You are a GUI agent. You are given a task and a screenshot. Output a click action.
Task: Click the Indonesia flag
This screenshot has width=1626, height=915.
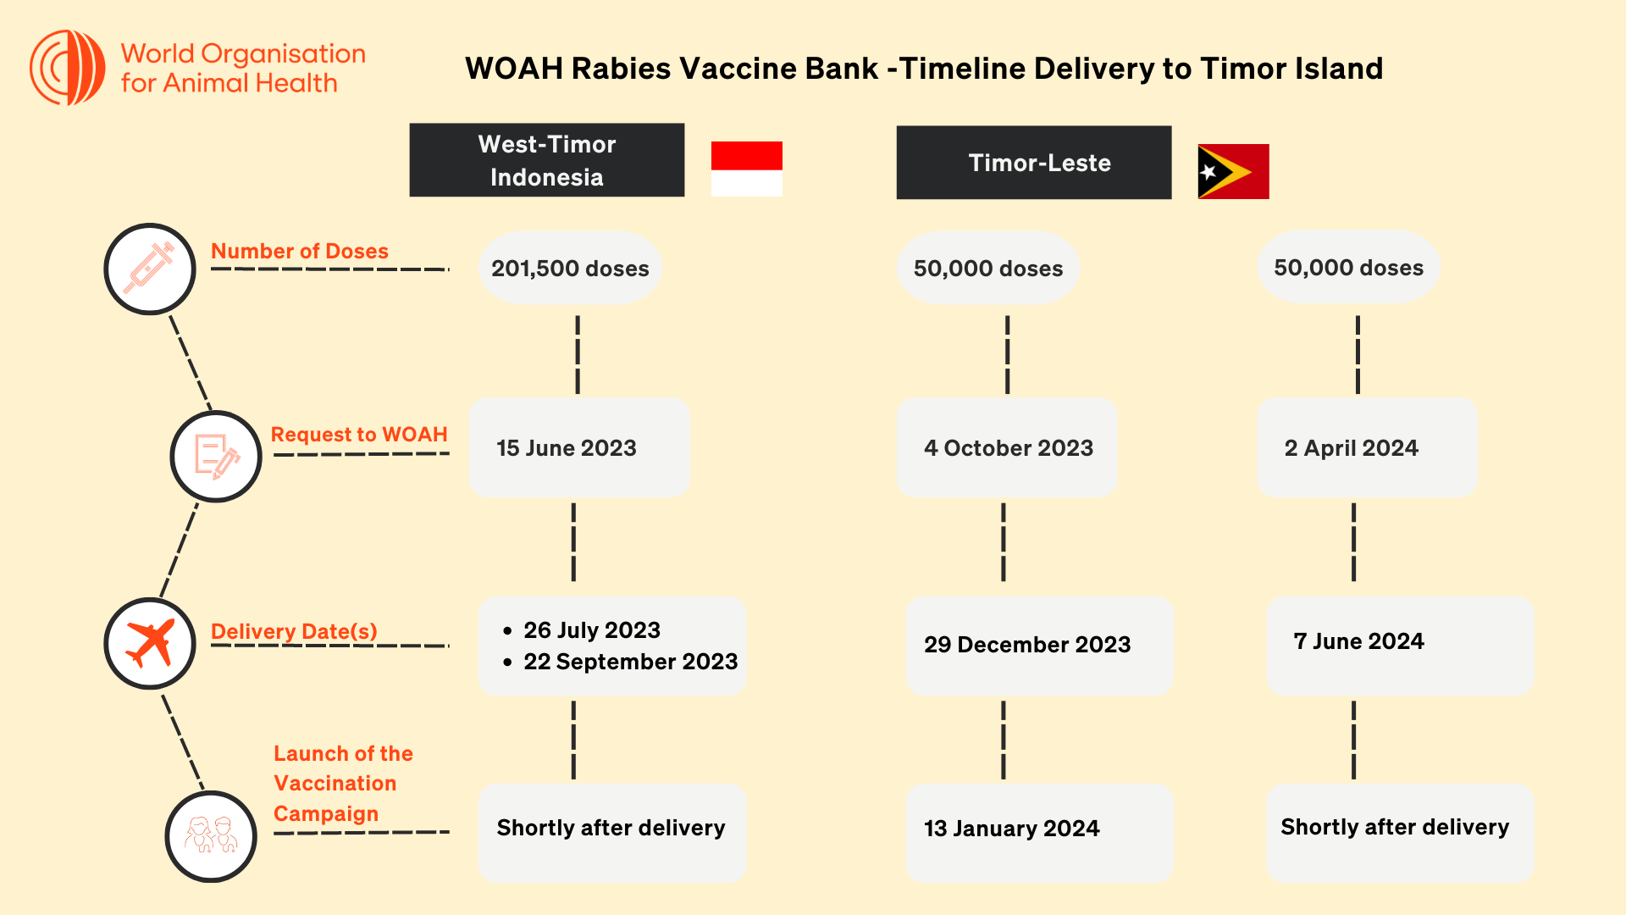coord(746,169)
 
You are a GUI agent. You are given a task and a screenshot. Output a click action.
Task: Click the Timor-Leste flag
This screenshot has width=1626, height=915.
coord(1233,171)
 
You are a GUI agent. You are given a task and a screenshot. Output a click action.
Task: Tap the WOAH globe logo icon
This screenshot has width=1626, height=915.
coord(68,68)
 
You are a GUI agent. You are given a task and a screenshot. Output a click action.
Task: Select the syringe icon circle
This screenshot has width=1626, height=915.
coord(150,269)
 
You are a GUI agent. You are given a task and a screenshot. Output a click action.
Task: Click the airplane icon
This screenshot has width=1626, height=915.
coord(150,643)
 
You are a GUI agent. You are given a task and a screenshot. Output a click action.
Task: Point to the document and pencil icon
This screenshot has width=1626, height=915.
coord(216,457)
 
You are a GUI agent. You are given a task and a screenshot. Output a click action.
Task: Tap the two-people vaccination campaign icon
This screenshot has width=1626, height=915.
coord(211,835)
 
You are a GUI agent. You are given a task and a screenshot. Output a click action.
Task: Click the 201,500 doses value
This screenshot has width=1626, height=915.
coord(570,269)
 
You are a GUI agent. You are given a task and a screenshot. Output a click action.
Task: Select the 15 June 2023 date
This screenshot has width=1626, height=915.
coord(567,448)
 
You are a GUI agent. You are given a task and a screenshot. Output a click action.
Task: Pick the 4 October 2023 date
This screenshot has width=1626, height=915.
coord(1009,448)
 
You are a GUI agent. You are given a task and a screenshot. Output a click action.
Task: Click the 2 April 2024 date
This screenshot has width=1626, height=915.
coord(1351,448)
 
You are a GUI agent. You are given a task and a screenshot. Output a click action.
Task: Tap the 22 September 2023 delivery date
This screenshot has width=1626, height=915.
coord(630,662)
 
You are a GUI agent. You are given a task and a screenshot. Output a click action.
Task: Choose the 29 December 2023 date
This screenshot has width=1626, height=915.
coord(1027,645)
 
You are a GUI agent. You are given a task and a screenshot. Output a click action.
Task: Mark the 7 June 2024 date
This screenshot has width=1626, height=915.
coord(1358,641)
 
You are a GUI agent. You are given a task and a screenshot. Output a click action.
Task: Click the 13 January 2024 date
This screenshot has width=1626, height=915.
coord(1011,829)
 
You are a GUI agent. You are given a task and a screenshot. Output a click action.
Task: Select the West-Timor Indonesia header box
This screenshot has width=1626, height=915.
coord(547,160)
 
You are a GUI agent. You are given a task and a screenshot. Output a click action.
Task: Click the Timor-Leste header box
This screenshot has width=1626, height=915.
coord(1034,163)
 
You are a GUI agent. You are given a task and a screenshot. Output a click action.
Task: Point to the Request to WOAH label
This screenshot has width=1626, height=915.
coord(359,435)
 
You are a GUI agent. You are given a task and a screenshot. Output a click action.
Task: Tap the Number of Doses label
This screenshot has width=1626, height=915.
coord(300,252)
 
